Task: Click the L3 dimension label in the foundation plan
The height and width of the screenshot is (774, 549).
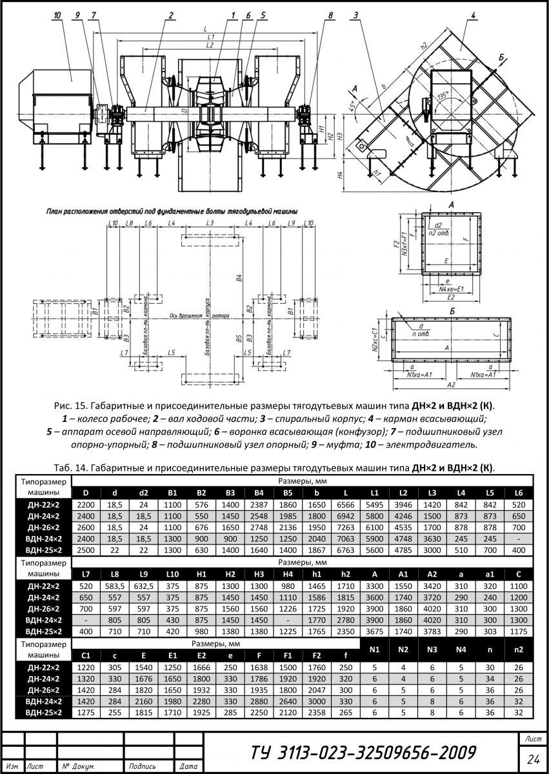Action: tap(210, 223)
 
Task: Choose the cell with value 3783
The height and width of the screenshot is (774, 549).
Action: tap(432, 631)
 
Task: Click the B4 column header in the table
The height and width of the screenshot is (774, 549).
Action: tap(258, 493)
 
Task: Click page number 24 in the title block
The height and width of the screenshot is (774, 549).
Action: tap(533, 757)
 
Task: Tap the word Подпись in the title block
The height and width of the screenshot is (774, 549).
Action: tap(142, 767)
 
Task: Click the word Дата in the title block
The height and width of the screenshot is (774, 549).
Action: tap(188, 767)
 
